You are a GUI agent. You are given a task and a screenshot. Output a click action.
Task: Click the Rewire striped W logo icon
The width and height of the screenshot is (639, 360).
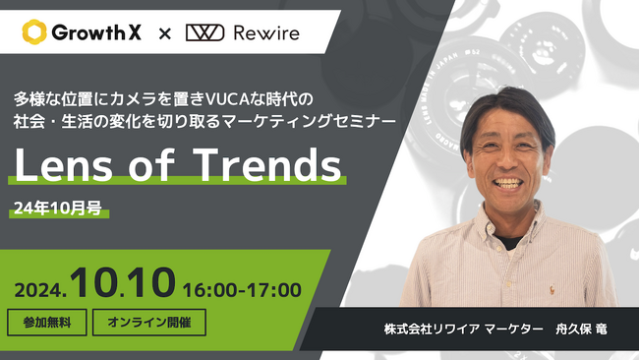coord(205,32)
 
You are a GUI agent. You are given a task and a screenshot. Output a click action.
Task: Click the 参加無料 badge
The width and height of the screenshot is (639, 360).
coord(46,322)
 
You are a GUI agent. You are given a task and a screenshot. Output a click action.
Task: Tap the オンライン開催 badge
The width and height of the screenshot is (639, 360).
coord(148,322)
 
